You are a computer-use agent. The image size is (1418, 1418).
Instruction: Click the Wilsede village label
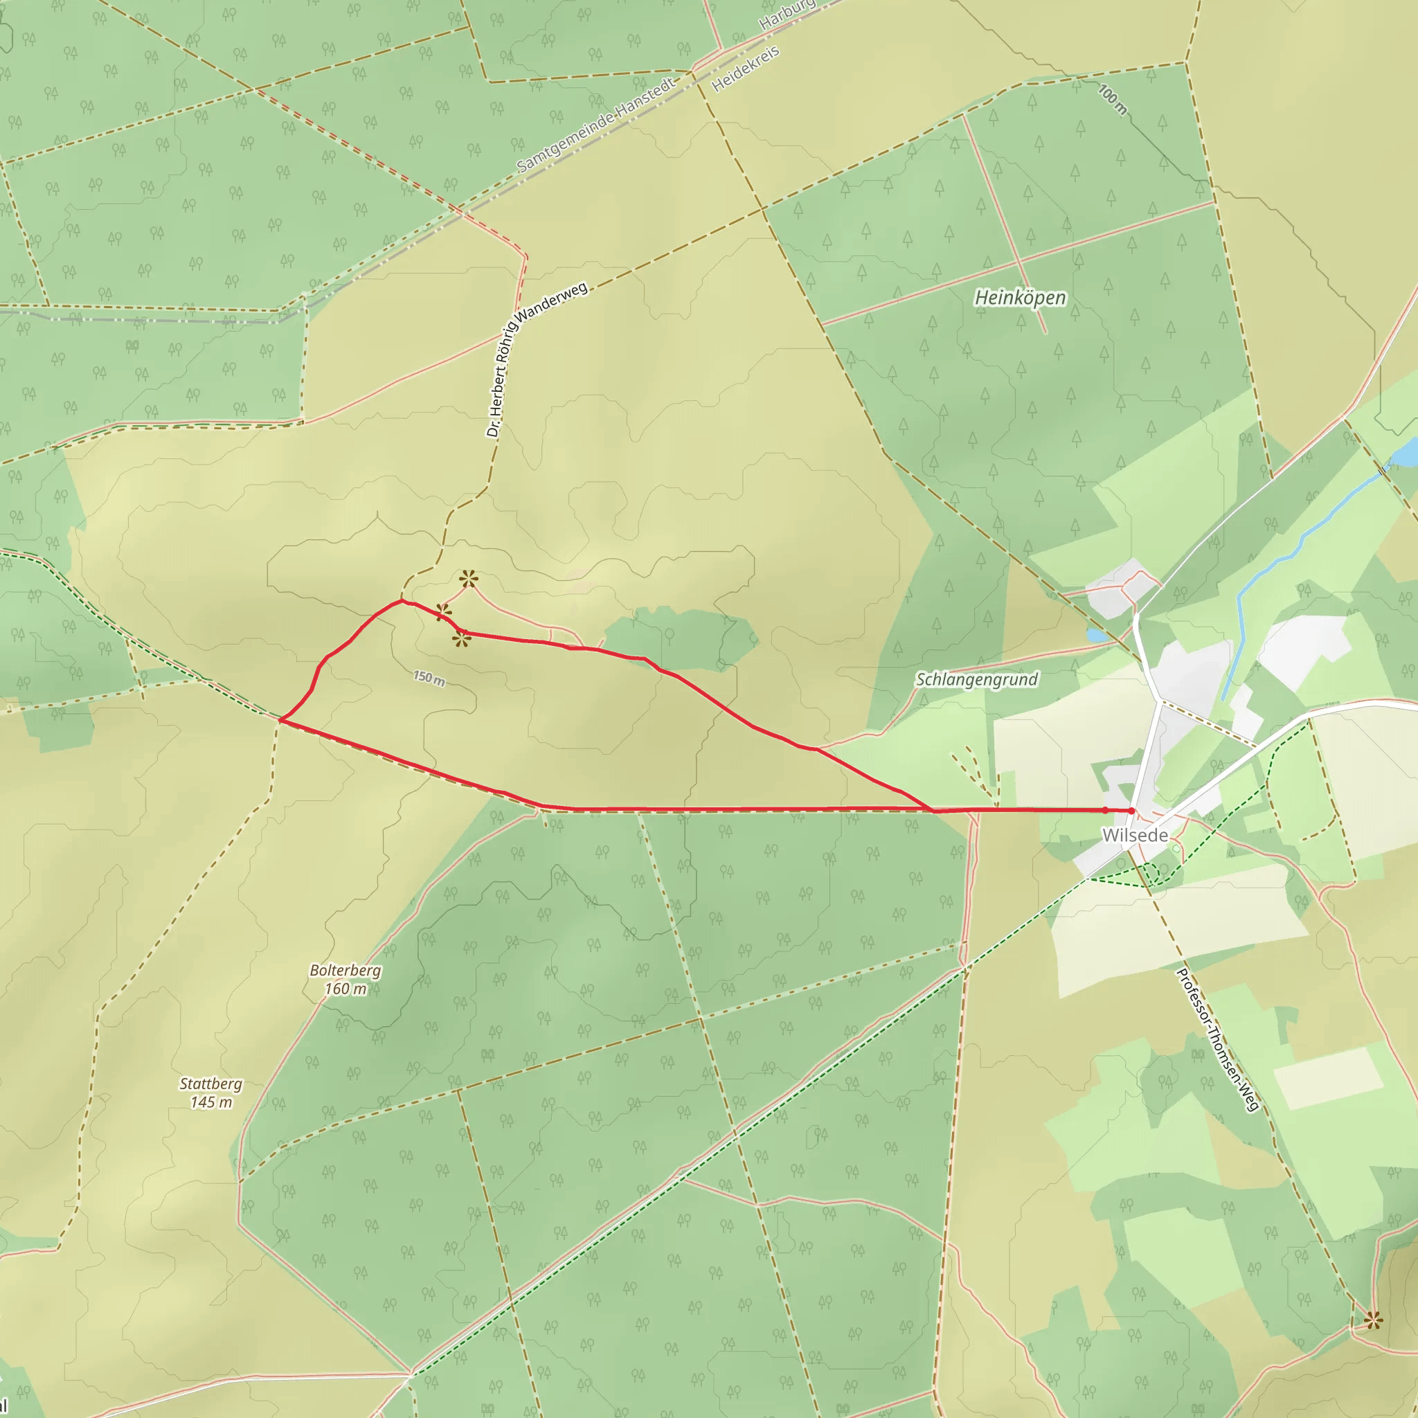point(1135,835)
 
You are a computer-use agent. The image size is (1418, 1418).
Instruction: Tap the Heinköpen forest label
point(1019,297)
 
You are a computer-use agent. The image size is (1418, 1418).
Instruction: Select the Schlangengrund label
point(976,679)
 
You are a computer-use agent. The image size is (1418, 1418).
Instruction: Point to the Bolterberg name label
point(345,970)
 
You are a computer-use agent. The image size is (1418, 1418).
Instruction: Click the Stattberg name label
point(210,1084)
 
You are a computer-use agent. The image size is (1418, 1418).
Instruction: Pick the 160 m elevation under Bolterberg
point(345,989)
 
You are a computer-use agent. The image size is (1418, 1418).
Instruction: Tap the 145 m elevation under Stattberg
point(211,1102)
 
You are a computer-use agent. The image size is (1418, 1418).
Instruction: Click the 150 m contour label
point(429,677)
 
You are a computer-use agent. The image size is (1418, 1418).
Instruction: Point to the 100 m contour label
point(1112,99)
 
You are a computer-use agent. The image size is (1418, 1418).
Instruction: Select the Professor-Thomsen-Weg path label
point(1218,1039)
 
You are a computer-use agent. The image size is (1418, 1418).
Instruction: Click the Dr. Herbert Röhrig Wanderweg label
point(536,359)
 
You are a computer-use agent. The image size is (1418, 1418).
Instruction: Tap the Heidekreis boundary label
point(745,69)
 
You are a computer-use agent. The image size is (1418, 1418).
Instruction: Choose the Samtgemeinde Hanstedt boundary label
point(595,125)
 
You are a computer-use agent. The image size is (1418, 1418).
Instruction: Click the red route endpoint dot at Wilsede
point(1132,811)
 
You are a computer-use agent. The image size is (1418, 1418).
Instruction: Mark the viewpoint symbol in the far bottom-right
point(1373,1321)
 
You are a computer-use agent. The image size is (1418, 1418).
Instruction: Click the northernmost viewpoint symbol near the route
point(469,579)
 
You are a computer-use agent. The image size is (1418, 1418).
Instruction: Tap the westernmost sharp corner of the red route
point(280,721)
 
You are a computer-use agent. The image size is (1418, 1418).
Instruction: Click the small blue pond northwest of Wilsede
point(1097,635)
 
